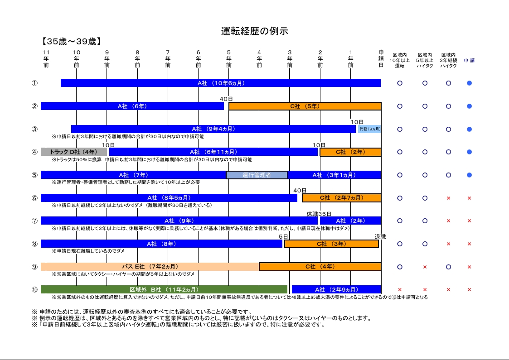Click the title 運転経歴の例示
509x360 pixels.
(x=254, y=31)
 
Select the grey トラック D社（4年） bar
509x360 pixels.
(x=74, y=152)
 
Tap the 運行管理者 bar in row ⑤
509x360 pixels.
(x=257, y=175)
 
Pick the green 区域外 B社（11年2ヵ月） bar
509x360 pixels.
(x=164, y=289)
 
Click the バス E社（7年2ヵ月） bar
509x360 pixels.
(x=150, y=267)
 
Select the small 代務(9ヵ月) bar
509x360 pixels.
(x=369, y=129)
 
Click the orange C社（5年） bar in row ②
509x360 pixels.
(x=305, y=106)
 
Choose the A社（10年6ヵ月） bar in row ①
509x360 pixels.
(x=221, y=83)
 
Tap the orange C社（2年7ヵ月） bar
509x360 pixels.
(x=341, y=198)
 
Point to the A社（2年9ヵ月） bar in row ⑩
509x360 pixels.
(x=336, y=289)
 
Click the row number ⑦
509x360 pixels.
(x=34, y=221)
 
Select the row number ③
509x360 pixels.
(x=34, y=129)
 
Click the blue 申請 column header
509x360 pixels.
(x=469, y=60)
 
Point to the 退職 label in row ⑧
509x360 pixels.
(x=380, y=237)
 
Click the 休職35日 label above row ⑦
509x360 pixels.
(x=319, y=214)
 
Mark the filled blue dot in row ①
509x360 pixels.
(x=469, y=83)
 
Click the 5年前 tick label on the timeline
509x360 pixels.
(x=229, y=59)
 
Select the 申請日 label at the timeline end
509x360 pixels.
(x=381, y=59)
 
